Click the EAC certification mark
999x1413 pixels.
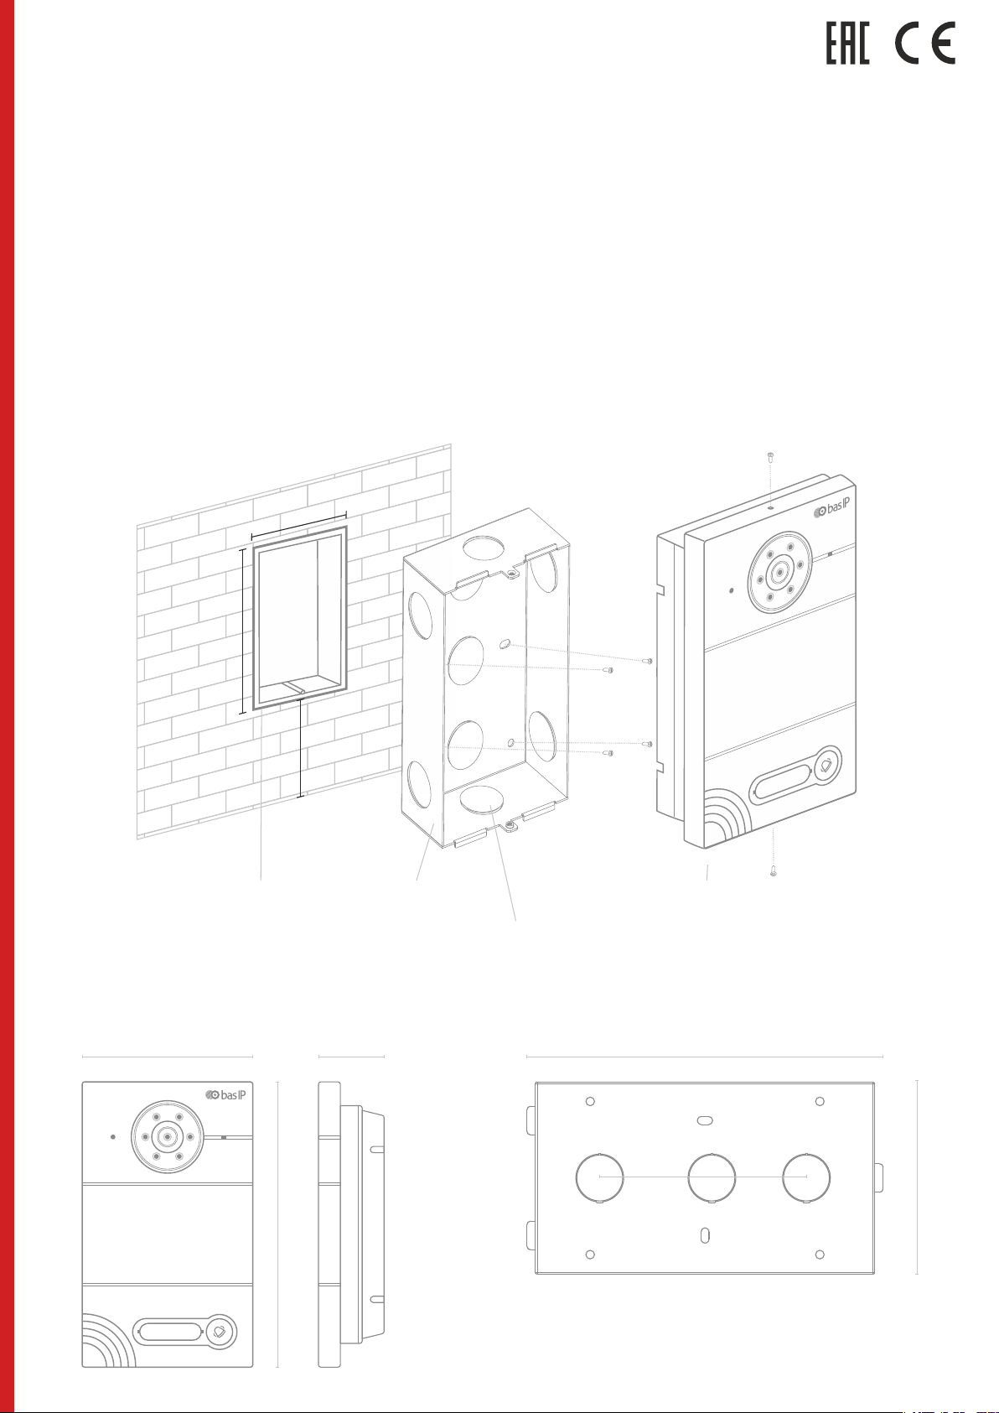(x=848, y=43)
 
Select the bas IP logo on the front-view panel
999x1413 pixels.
(x=225, y=1095)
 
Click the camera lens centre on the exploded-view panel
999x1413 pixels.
(x=780, y=572)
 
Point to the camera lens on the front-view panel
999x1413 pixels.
(x=168, y=1137)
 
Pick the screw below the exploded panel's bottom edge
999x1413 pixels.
(x=774, y=871)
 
